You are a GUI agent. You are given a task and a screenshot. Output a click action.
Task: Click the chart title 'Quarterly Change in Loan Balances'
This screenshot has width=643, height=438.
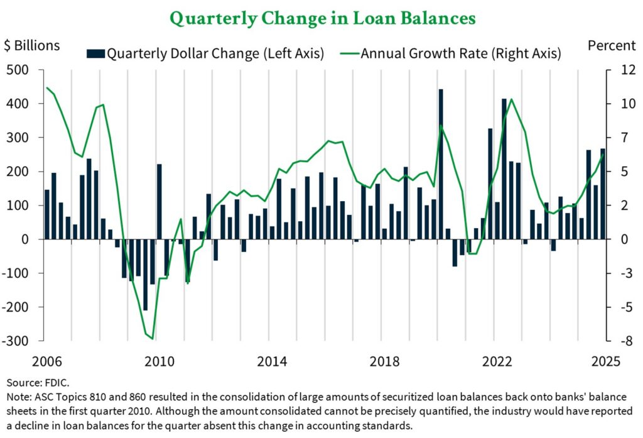coord(322,18)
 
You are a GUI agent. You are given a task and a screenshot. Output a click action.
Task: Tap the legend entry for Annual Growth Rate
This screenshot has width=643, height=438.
coord(452,53)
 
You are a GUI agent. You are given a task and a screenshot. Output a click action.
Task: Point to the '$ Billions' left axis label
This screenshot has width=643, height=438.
coord(32,45)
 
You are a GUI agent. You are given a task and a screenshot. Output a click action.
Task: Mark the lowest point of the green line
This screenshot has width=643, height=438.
coord(152,337)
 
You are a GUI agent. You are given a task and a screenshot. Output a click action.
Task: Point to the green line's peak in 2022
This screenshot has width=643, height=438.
coord(511,99)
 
